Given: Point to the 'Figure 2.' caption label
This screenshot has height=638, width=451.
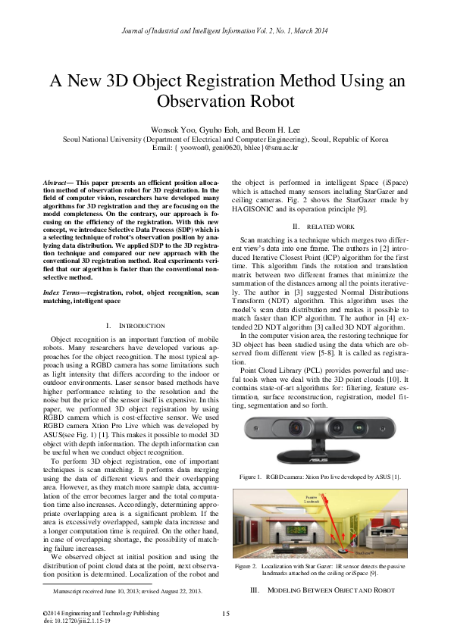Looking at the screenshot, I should (x=246, y=566).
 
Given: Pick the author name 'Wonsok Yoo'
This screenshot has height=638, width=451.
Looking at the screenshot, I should (x=171, y=130).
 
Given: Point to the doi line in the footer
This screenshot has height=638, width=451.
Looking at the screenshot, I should (x=77, y=620).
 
